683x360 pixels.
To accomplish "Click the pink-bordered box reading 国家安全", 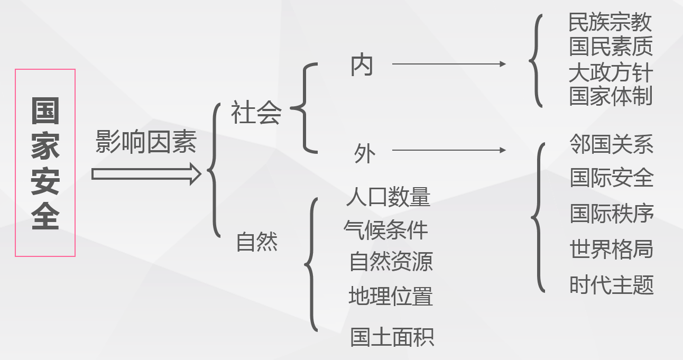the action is (45, 163).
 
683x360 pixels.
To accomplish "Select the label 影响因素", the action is (146, 142).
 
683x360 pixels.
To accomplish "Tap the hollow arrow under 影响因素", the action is (146, 174).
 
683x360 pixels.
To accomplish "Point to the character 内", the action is (362, 66).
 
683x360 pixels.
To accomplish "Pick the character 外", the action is (364, 154).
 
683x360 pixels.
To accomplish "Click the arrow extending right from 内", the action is (448, 64).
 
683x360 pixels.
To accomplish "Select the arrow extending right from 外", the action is (448, 150).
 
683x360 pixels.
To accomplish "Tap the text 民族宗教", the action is (610, 22).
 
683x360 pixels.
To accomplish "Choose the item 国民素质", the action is (611, 46).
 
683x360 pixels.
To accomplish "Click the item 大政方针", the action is (611, 72).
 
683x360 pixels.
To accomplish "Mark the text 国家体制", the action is (611, 96).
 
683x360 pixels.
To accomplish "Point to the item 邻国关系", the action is (611, 144).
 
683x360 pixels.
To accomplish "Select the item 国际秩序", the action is (612, 214).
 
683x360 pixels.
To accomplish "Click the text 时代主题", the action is (612, 285).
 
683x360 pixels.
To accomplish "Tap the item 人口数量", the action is (388, 197).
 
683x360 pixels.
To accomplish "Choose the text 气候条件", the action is (386, 229).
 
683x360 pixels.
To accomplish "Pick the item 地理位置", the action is (391, 296).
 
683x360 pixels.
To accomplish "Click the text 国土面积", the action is (392, 337).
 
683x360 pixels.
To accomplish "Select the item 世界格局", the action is (612, 249).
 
